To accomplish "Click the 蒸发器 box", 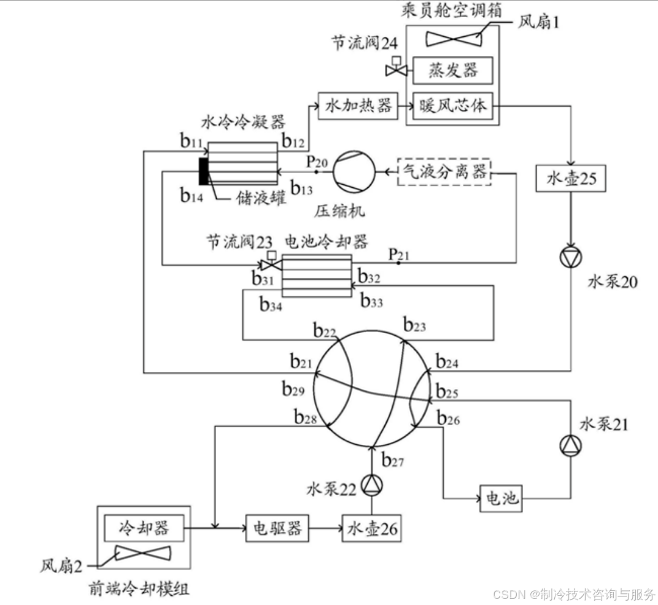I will [x=453, y=71].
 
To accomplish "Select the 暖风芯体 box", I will [x=453, y=106].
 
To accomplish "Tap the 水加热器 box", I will [x=358, y=106].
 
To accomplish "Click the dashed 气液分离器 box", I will [x=445, y=171].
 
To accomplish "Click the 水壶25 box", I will [x=571, y=179].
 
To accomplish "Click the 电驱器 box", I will [x=277, y=528].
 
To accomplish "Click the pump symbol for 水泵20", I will [x=571, y=258].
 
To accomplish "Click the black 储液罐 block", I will [x=203, y=171].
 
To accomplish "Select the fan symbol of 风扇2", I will [x=143, y=554].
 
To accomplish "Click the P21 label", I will [x=398, y=253].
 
